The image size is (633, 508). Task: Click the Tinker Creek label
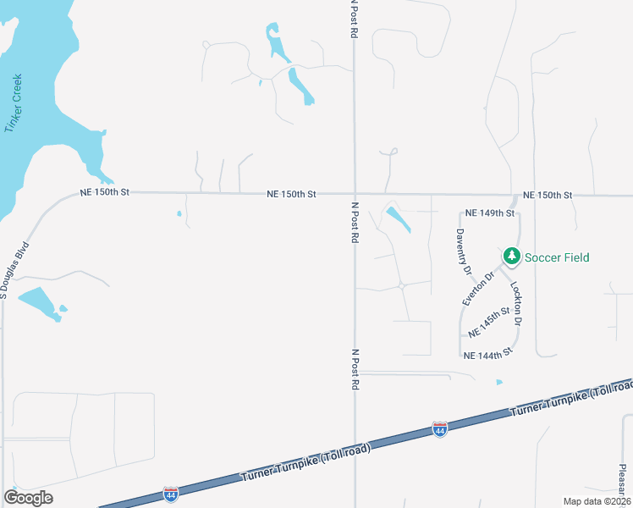tap(14, 104)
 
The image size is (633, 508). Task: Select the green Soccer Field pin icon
tap(511, 255)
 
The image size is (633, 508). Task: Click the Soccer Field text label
tap(557, 257)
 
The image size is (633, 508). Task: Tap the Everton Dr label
tap(478, 288)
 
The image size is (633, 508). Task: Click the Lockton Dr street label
tap(517, 305)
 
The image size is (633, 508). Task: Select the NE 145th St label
tap(490, 323)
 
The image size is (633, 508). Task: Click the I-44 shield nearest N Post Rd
tap(439, 429)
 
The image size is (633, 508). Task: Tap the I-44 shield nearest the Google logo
tap(171, 493)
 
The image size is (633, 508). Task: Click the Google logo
tap(29, 498)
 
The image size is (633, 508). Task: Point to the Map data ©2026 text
tap(597, 501)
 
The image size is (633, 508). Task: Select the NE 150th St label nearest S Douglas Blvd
tap(104, 192)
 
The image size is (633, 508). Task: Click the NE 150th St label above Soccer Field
tap(548, 196)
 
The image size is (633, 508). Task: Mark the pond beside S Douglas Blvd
tap(39, 302)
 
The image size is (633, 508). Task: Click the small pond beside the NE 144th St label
tap(499, 382)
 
